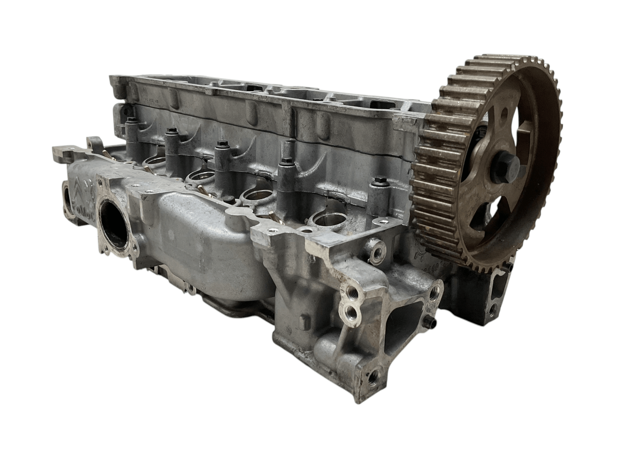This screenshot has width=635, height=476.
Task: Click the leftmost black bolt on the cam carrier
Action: click(x=132, y=120)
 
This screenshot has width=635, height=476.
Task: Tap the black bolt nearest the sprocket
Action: click(x=379, y=180)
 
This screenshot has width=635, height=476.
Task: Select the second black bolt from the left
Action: click(x=170, y=132)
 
